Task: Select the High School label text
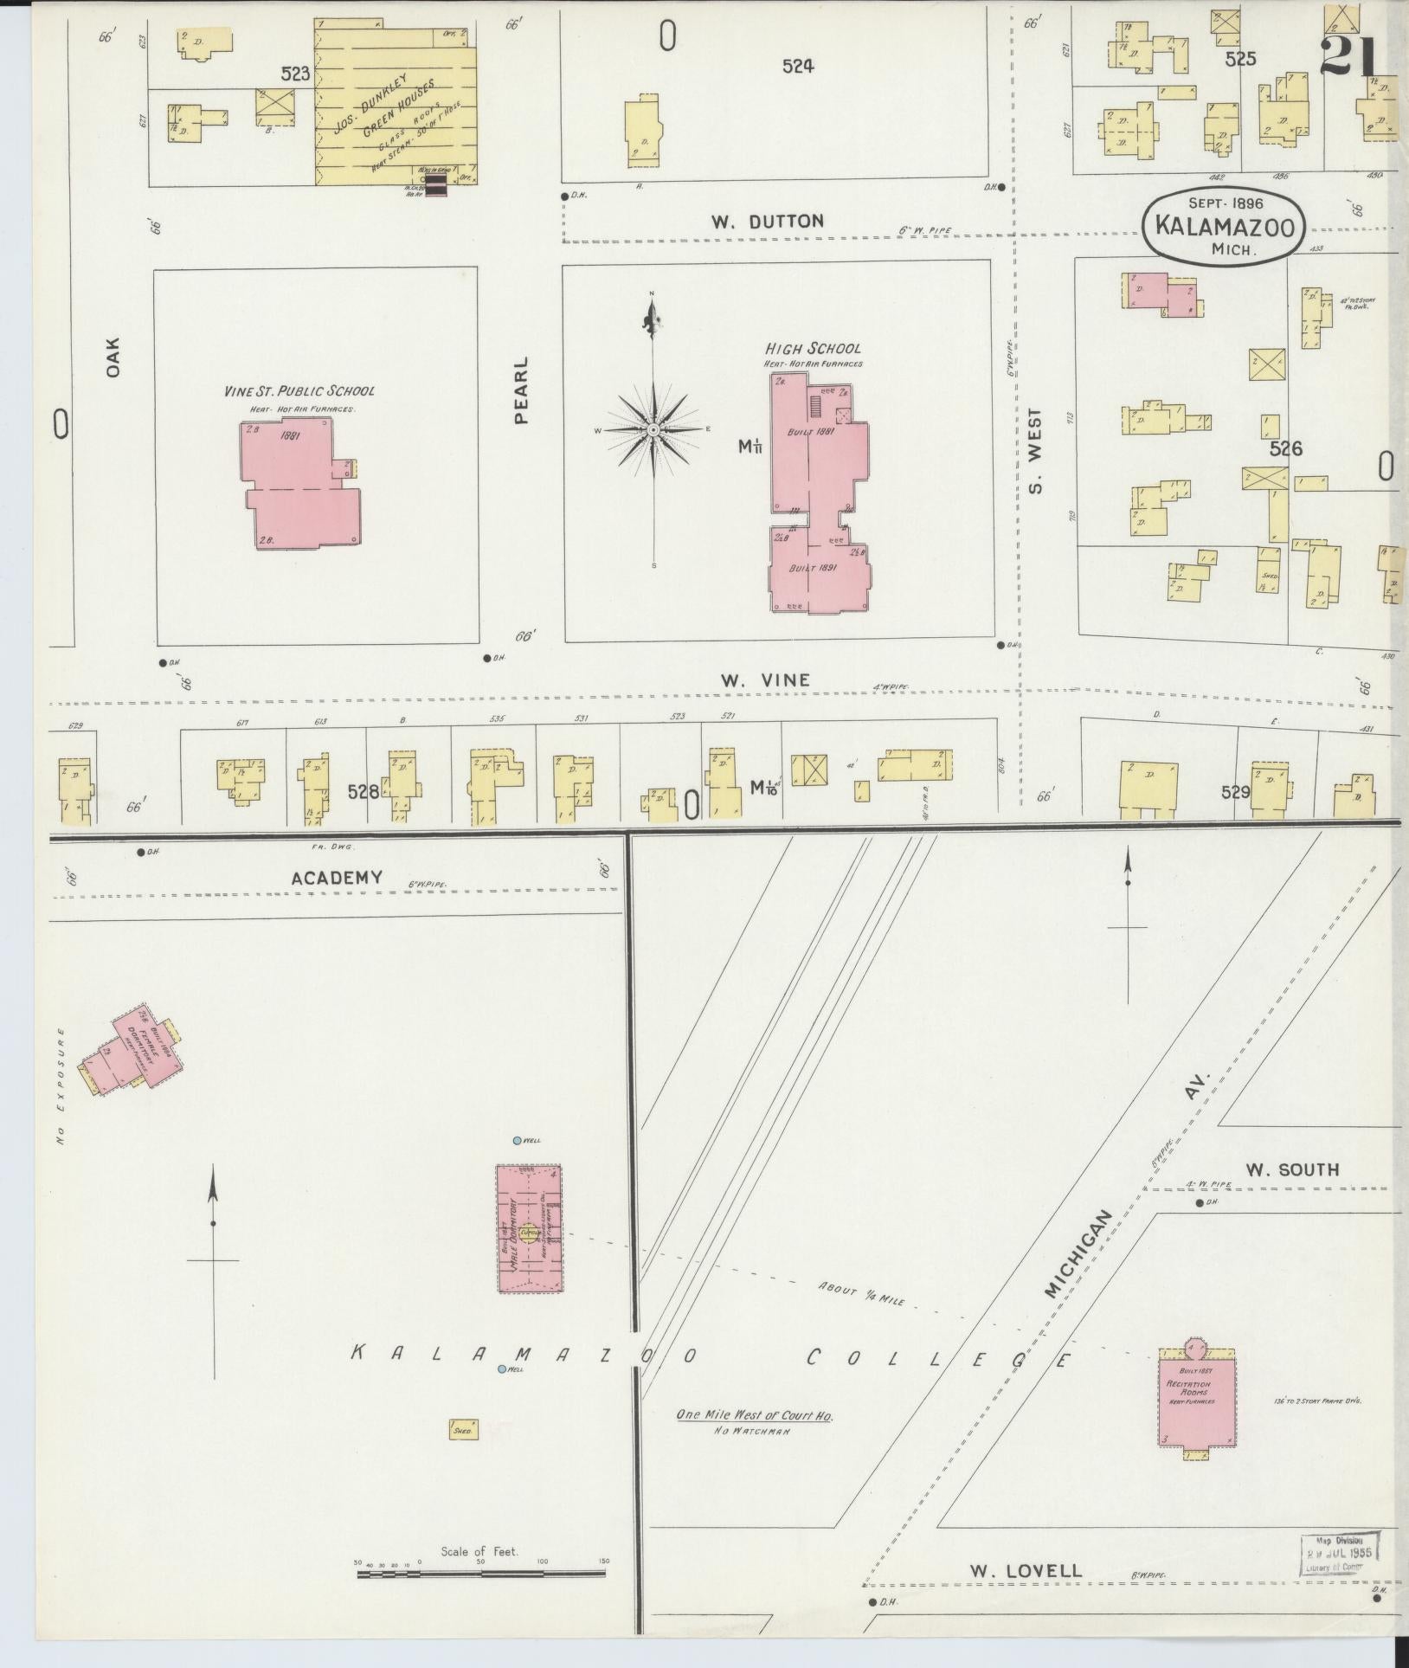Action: point(813,348)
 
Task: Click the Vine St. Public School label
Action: point(299,391)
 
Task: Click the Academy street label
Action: point(337,878)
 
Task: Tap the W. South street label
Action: point(1292,1170)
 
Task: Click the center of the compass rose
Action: point(653,429)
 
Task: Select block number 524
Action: point(797,65)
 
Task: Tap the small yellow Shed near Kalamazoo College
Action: point(462,1431)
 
